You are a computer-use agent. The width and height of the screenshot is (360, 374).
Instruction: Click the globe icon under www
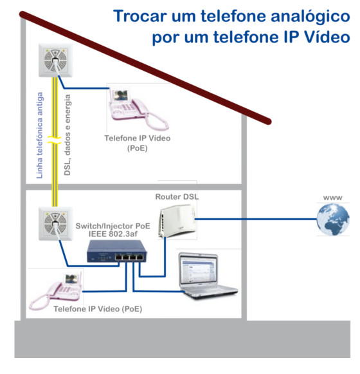pos(333,220)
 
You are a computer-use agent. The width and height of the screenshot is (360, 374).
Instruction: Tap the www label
pos(333,198)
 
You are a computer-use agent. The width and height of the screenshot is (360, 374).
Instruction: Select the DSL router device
pos(177,221)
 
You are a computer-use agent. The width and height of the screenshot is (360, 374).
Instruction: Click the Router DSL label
pos(177,196)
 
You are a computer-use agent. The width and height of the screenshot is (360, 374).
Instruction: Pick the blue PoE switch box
pos(117,251)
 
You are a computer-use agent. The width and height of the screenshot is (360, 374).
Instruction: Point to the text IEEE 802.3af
pos(113,234)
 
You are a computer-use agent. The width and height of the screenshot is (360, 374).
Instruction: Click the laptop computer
pos(208,275)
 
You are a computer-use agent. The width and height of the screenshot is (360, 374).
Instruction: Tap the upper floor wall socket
pos(55,60)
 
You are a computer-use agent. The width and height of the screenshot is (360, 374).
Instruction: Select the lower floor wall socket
pos(55,223)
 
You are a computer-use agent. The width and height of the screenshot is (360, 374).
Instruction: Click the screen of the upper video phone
pos(120,96)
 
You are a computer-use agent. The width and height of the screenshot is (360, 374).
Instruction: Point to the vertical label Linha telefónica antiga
pos(40,135)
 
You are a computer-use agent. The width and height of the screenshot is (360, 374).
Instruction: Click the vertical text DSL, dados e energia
pos(67,135)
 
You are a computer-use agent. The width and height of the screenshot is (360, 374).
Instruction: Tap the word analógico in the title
pos(310,17)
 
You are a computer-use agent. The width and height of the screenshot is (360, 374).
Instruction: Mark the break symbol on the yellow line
pos(55,140)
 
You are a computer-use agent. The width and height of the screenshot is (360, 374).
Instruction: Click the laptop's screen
pos(198,270)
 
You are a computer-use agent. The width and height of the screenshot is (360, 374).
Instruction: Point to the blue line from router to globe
pos(256,219)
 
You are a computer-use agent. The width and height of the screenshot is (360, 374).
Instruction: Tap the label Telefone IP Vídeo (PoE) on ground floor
pos(98,309)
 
